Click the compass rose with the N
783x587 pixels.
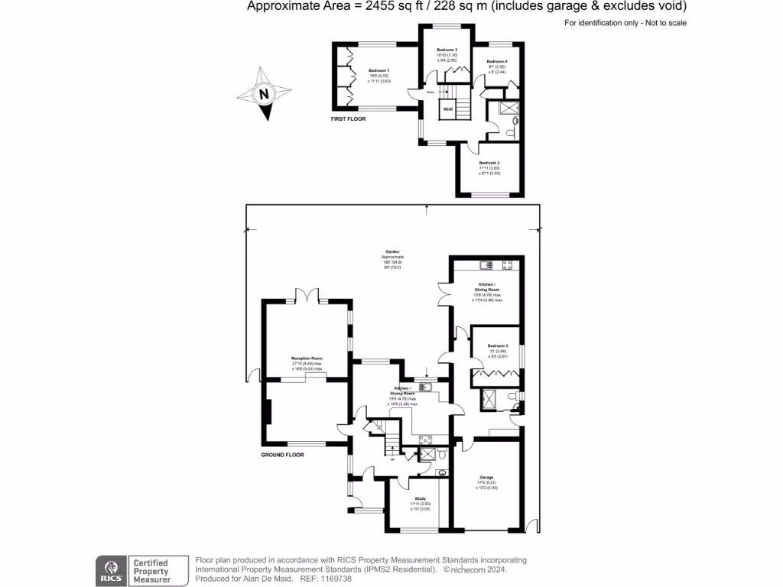264,94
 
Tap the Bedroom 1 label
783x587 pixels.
379,70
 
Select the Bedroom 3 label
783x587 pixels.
447,48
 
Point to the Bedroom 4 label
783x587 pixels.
496,61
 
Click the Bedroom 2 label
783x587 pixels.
489,163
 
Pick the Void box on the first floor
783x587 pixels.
448,109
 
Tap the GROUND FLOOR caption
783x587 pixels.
282,455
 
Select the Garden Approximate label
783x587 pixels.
391,257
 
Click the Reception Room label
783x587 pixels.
307,358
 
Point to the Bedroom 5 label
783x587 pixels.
498,345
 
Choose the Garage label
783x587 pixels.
486,476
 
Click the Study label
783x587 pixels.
420,498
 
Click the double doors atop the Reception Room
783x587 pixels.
307,293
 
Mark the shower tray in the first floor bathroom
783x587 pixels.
507,109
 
